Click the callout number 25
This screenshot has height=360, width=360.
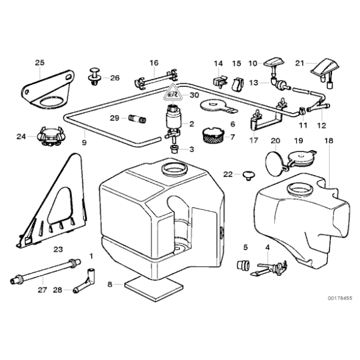tap(40, 63)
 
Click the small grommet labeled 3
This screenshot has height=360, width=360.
tap(174, 150)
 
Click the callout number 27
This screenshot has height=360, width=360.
tap(42, 289)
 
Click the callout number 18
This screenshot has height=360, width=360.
tap(329, 142)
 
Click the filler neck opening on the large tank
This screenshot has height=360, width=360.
tap(173, 168)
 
